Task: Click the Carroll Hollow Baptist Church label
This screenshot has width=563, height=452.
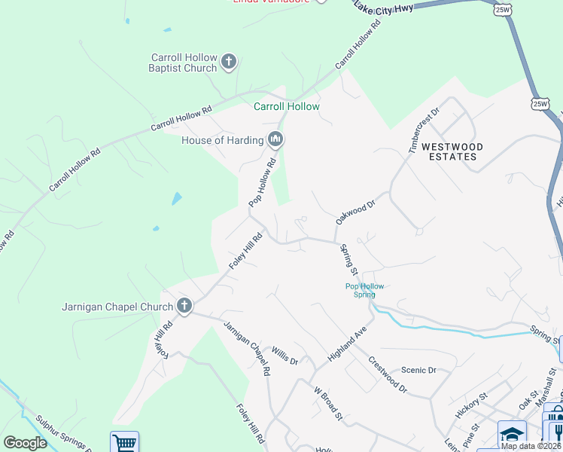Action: pyautogui.click(x=184, y=63)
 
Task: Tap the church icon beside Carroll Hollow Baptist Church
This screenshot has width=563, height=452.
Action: pyautogui.click(x=229, y=63)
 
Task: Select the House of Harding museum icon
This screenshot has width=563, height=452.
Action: pyautogui.click(x=275, y=139)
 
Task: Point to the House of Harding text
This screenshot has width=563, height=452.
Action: pyautogui.click(x=222, y=140)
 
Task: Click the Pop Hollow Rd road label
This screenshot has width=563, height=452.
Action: pyautogui.click(x=263, y=183)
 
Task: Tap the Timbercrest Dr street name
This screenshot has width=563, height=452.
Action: pyautogui.click(x=424, y=130)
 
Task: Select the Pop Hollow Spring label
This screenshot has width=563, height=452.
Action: pyautogui.click(x=364, y=290)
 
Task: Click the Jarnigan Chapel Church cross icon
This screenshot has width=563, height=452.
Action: pyautogui.click(x=184, y=306)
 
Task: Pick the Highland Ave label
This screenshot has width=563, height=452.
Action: pyautogui.click(x=346, y=344)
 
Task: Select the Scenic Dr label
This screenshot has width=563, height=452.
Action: pyautogui.click(x=418, y=370)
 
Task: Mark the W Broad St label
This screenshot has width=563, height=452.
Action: pyautogui.click(x=328, y=404)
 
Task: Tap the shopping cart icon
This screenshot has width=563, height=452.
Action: pyautogui.click(x=124, y=442)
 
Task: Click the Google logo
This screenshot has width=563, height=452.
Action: pyautogui.click(x=25, y=443)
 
